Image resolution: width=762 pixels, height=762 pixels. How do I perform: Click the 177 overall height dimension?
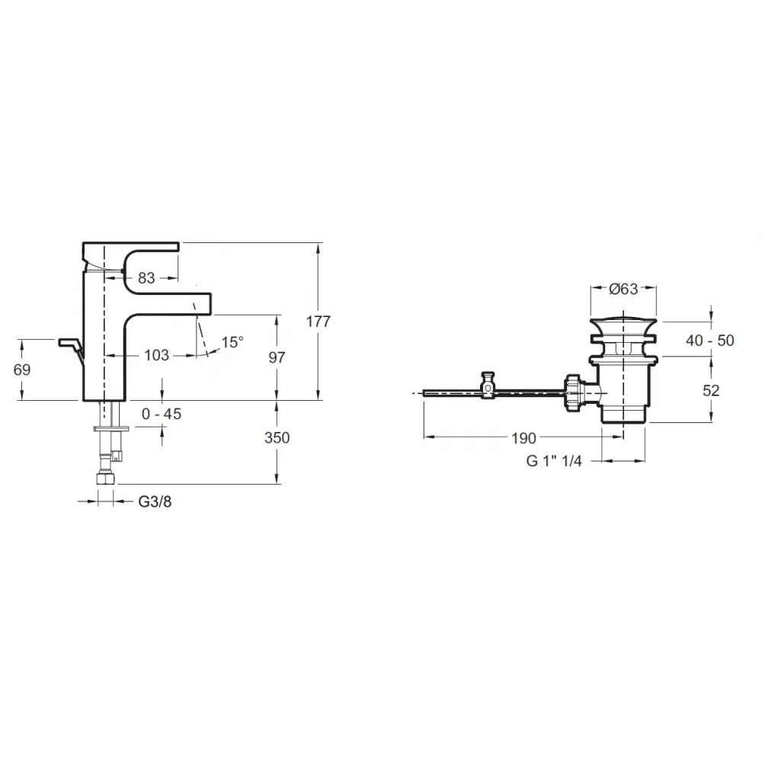319,322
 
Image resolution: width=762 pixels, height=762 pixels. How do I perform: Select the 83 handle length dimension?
146,278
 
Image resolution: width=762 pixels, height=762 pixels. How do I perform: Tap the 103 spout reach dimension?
156,355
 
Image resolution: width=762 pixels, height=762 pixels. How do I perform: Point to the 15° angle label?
232,342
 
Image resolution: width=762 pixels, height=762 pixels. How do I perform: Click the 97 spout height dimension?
277,357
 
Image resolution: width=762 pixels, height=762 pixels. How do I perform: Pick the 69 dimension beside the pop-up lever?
22,370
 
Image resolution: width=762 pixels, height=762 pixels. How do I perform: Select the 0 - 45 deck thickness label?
162,414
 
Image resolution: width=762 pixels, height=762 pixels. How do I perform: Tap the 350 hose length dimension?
277,438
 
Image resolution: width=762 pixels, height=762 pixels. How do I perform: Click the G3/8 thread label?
155,501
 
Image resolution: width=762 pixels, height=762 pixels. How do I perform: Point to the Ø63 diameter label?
623,289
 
